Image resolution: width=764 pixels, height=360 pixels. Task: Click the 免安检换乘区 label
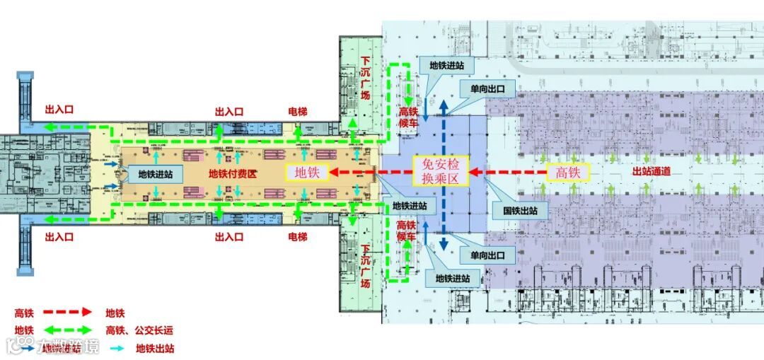pos(441,171)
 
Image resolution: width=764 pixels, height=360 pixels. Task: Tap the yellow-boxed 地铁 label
pos(306,172)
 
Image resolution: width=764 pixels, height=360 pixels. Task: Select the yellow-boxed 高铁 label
pos(568,172)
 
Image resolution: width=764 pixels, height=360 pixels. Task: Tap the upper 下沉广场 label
pos(365,79)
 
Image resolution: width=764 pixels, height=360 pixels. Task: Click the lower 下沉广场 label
pos(365,266)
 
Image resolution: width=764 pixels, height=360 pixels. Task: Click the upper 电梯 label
pos(298,112)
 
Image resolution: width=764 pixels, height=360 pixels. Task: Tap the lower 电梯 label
pos(298,236)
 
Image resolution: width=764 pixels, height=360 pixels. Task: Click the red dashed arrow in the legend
pos(68,312)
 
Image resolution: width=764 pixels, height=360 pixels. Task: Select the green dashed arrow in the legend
pos(68,330)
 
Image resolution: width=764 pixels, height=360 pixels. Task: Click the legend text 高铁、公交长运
pos(139,330)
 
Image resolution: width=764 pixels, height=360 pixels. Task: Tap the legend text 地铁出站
pos(155,348)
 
